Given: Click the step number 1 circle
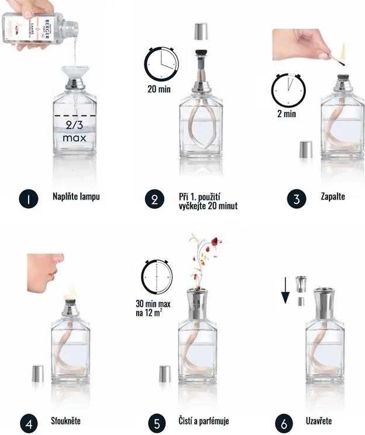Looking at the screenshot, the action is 29,199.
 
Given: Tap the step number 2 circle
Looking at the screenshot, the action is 154,199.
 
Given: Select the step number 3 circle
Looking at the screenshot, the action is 297,199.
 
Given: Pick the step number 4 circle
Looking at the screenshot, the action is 29,424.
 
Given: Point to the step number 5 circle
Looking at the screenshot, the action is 157,424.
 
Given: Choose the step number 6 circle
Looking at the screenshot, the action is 284,424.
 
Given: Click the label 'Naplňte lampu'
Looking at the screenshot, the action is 76,196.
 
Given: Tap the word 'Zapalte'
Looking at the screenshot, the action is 333,196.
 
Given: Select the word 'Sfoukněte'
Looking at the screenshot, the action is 66,421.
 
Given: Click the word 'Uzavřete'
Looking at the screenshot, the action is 319,421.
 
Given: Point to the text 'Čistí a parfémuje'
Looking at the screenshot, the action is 204,421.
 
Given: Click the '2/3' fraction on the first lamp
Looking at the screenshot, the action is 74,125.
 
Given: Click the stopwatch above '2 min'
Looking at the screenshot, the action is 288,90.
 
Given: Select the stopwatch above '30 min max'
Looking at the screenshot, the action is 157,277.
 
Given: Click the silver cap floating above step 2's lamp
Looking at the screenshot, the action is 201,32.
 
